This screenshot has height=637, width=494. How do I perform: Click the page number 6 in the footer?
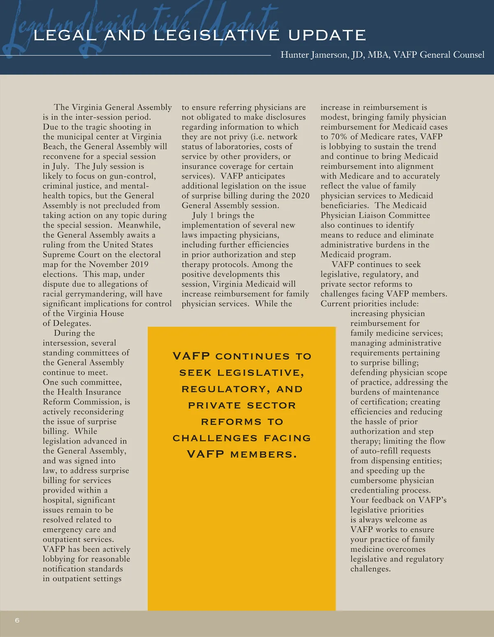point(17,620)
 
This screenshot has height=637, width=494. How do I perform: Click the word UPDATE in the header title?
point(327,35)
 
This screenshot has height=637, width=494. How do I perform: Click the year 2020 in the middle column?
point(301,195)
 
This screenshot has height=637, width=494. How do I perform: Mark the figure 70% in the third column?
point(338,137)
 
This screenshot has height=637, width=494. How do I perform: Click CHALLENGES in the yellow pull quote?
point(215,438)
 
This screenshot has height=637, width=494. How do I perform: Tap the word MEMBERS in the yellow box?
point(263,455)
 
